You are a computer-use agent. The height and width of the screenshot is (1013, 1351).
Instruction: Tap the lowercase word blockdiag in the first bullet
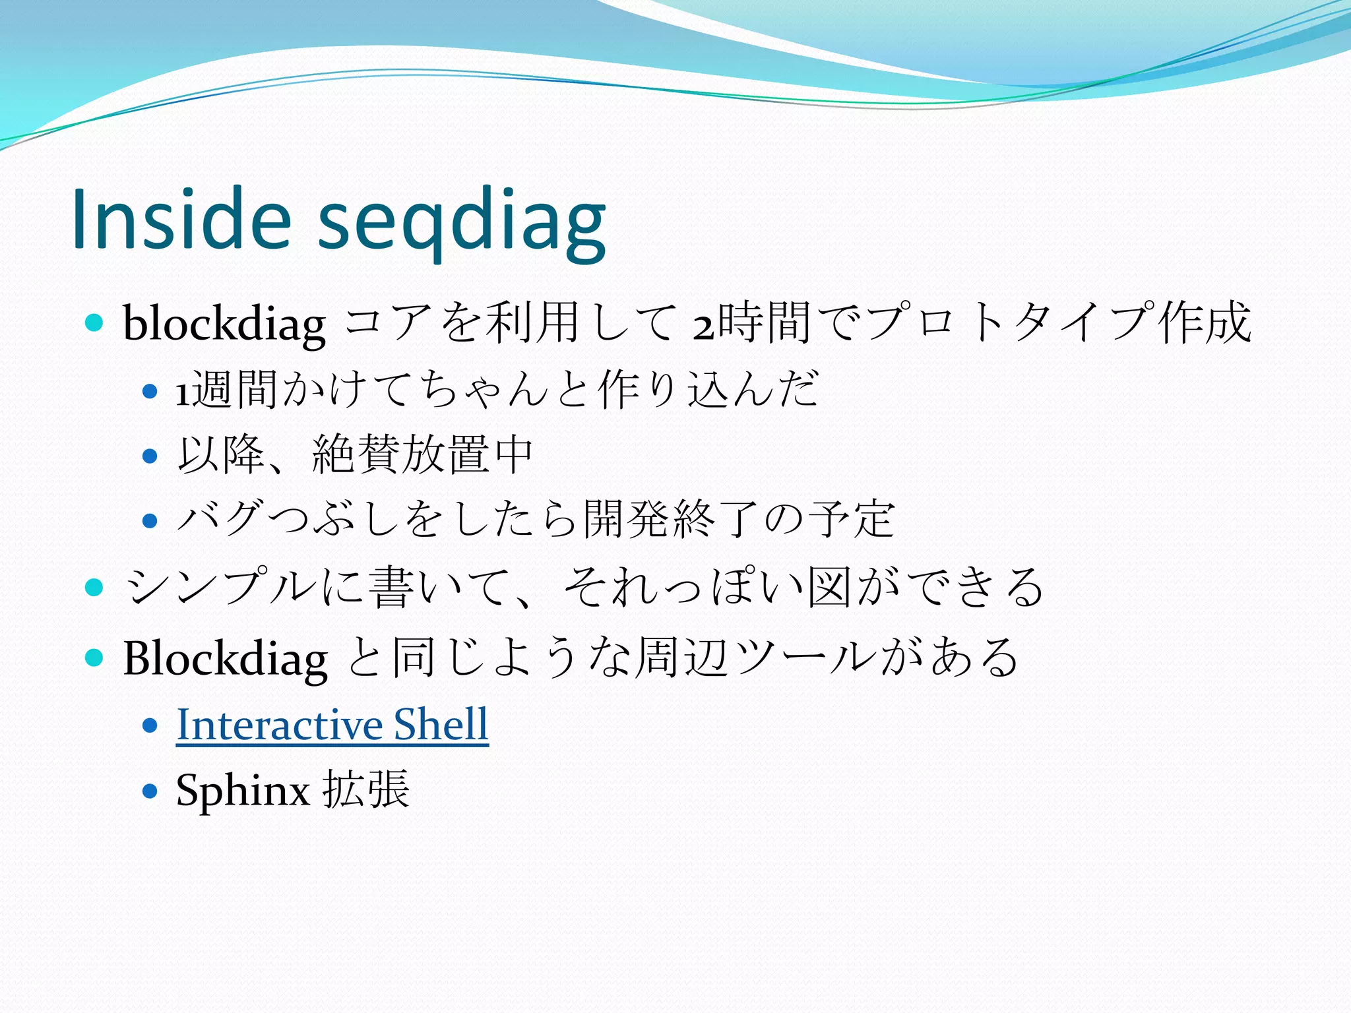click(x=224, y=324)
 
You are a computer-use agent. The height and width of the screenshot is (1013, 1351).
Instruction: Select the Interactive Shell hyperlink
click(x=332, y=724)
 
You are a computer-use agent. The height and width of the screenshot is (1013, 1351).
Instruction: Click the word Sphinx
click(x=242, y=789)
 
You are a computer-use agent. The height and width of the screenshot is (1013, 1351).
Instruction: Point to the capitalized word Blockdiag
click(x=224, y=658)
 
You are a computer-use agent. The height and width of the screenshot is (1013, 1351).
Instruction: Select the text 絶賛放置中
click(x=422, y=454)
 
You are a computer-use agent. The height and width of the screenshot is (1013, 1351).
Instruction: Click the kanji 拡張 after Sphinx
click(x=367, y=789)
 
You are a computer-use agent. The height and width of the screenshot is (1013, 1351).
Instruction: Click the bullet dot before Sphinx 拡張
click(x=150, y=790)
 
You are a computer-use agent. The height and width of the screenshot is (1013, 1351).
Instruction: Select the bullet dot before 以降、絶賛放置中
click(x=150, y=456)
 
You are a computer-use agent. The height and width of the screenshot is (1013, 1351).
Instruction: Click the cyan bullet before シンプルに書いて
click(x=94, y=586)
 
